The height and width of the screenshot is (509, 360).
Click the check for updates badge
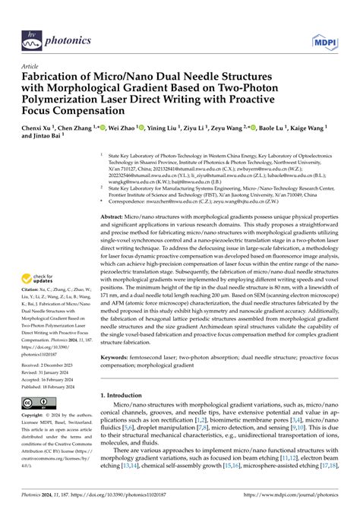pyautogui.click(x=42, y=258)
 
